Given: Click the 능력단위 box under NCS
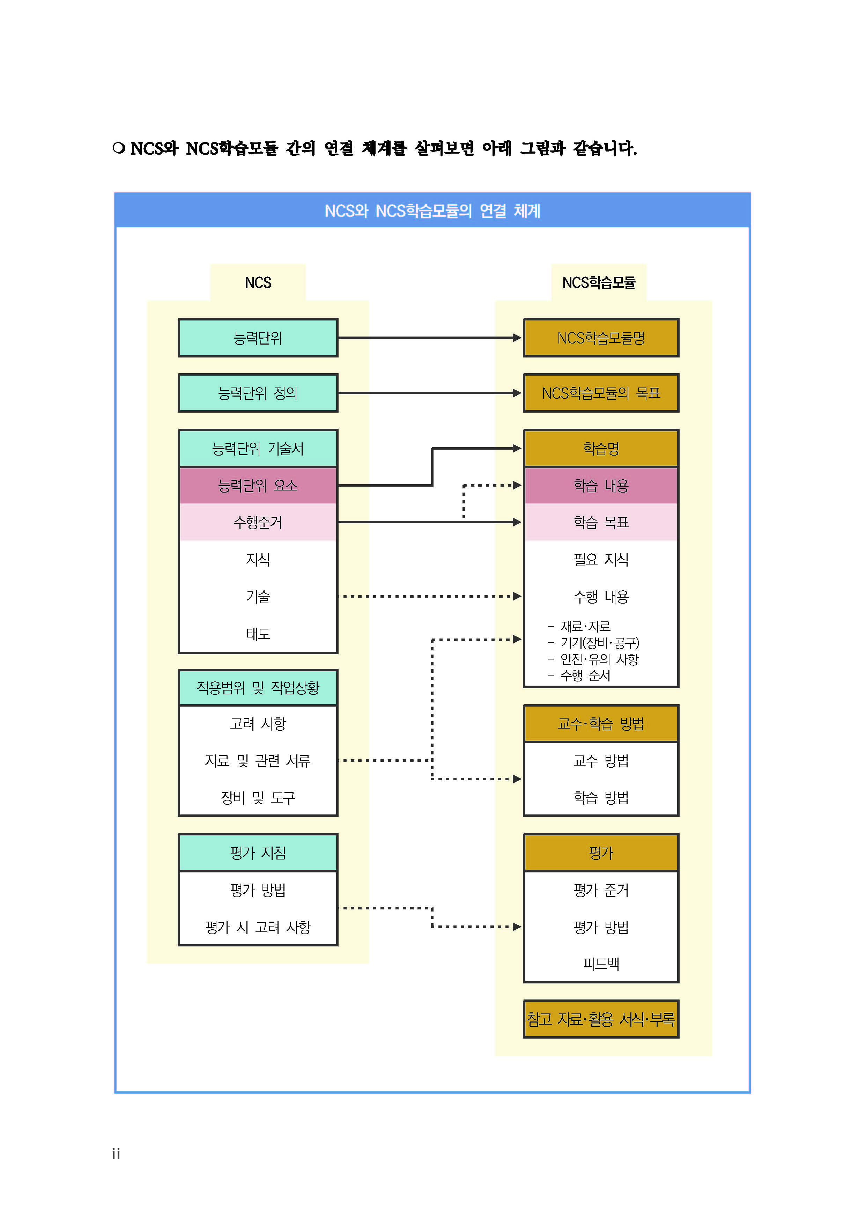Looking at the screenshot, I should pos(258,338).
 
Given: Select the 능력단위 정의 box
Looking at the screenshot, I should pos(258,393).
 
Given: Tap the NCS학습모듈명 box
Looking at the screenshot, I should pos(601,338).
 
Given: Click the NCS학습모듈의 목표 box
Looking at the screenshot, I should pos(601,393).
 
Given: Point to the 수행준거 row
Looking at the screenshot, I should pos(258,522).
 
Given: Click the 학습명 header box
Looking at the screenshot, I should pos(601,449).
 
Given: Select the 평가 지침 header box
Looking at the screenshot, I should pos(258,853).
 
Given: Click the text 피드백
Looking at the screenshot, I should pos(601,964).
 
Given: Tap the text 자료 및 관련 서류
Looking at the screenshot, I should pos(258,761).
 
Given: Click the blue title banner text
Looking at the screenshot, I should pos(432,211).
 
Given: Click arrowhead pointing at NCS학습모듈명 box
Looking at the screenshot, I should pos(517,338).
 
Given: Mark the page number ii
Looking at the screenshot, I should pos(116,1154).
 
